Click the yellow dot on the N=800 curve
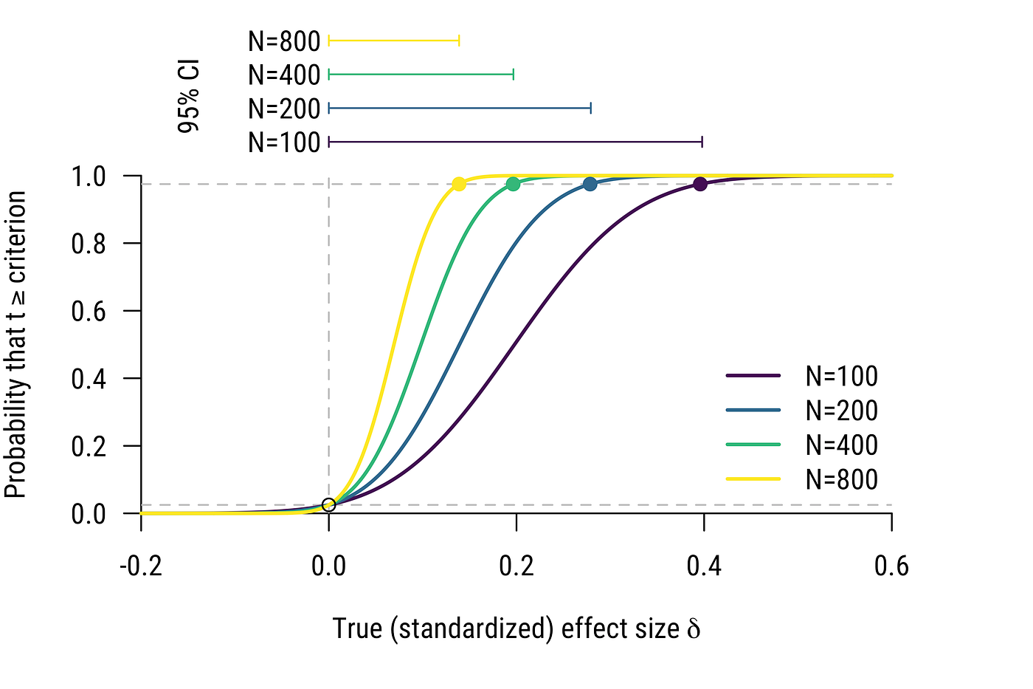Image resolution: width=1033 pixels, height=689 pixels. coord(459,184)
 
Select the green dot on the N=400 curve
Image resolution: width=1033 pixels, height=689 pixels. coord(513,184)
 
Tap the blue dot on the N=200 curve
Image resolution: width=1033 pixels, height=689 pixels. coord(590,184)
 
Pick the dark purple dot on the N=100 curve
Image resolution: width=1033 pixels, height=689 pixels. coord(700,184)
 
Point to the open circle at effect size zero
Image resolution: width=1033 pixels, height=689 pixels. coord(329,505)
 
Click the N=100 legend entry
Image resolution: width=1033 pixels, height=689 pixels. coord(841,377)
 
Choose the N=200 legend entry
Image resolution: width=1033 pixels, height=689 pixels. coord(841,411)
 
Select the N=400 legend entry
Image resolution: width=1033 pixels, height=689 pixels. coord(841,445)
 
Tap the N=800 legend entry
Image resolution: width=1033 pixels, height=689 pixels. coord(841,480)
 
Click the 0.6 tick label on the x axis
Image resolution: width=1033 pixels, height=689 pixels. coord(891,567)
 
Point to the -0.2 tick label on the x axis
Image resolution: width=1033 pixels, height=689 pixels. coord(140,567)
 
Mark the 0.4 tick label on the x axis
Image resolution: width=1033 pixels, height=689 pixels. coord(704,567)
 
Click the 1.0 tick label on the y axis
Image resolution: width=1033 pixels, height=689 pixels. coord(89,177)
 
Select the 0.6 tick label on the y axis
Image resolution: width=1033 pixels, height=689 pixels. coord(89,312)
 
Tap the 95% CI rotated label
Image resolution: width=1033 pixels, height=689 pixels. coord(189,97)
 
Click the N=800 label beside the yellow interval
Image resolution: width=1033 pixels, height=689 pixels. coord(284,41)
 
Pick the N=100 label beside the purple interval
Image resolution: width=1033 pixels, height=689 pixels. coord(284,142)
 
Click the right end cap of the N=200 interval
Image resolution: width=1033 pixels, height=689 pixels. coord(591,109)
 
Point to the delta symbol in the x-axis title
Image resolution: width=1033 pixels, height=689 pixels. coord(693,628)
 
